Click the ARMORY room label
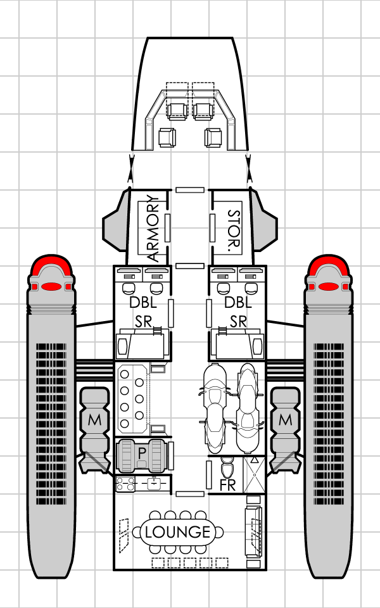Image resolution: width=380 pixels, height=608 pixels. (x=153, y=229)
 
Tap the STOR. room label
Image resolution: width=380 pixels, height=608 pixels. (x=232, y=229)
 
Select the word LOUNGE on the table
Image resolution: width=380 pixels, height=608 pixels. (x=177, y=532)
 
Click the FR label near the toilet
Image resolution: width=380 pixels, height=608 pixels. (x=227, y=486)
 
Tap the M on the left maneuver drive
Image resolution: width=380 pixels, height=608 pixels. (x=94, y=420)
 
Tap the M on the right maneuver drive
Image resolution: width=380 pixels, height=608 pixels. (x=286, y=420)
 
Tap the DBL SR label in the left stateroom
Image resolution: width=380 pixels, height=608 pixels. (x=143, y=312)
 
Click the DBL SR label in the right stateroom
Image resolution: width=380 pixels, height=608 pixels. (x=238, y=312)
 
